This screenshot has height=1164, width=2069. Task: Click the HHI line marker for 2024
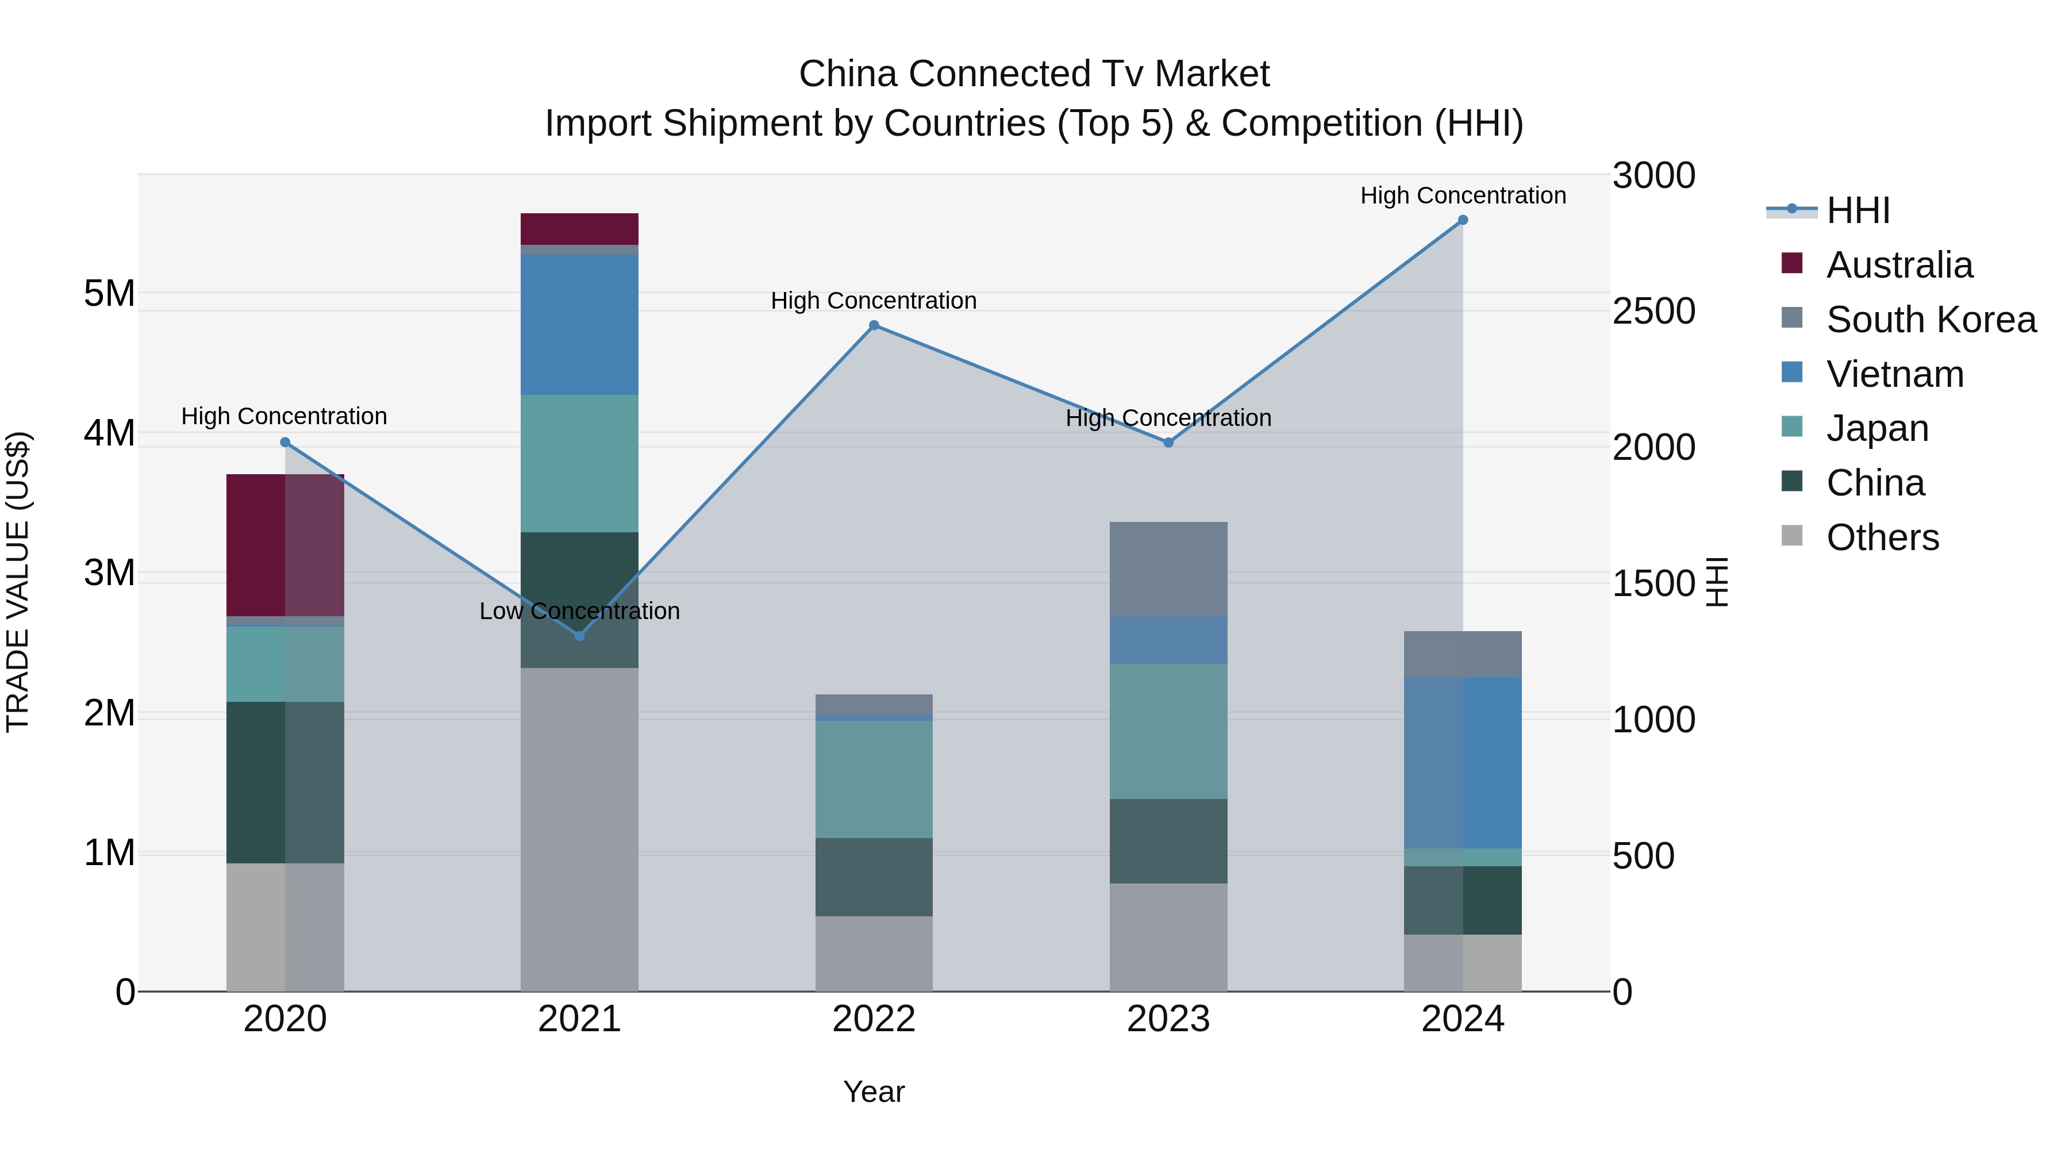pyautogui.click(x=1463, y=220)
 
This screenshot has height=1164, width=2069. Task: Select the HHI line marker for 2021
pyautogui.click(x=579, y=635)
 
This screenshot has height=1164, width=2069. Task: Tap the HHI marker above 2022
pyautogui.click(x=874, y=325)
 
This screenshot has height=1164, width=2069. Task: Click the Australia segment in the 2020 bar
pyautogui.click(x=284, y=545)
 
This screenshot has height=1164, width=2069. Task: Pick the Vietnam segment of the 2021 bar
pyautogui.click(x=579, y=325)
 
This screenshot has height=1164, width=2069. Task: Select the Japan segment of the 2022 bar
pyautogui.click(x=874, y=779)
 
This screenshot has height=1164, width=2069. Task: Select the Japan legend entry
pyautogui.click(x=1876, y=428)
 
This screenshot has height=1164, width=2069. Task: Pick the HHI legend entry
pyautogui.click(x=1857, y=210)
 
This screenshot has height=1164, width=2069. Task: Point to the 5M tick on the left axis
pyautogui.click(x=109, y=293)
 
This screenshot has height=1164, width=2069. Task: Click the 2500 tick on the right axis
pyautogui.click(x=1653, y=311)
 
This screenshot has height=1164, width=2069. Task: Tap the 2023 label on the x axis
pyautogui.click(x=1168, y=1019)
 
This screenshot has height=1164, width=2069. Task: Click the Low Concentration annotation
pyautogui.click(x=579, y=612)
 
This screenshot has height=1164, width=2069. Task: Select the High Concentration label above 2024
pyautogui.click(x=1463, y=195)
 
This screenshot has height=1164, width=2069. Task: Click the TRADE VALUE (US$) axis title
pyautogui.click(x=18, y=582)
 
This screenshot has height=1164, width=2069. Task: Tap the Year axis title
pyautogui.click(x=874, y=1092)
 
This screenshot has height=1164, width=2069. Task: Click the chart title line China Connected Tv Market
pyautogui.click(x=1034, y=74)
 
